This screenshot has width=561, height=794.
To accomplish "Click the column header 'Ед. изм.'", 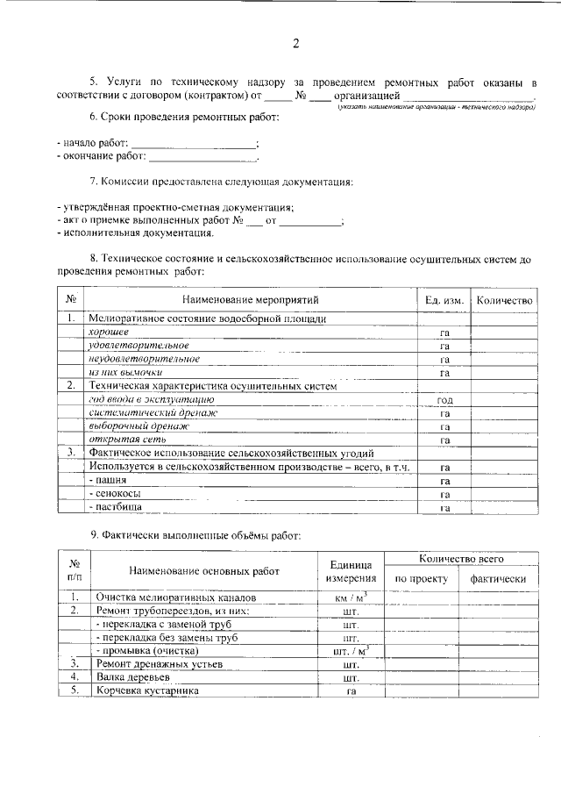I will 444,301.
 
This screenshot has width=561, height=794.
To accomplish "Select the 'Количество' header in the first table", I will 503,301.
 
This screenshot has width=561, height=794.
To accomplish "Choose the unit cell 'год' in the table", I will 444,399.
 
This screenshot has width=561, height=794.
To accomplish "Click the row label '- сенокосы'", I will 114,494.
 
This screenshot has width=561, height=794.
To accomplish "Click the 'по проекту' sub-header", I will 422,579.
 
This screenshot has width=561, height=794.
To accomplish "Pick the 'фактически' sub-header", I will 498,579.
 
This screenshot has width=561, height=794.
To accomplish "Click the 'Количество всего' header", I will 460,558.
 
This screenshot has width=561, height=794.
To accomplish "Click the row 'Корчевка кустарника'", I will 147,691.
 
